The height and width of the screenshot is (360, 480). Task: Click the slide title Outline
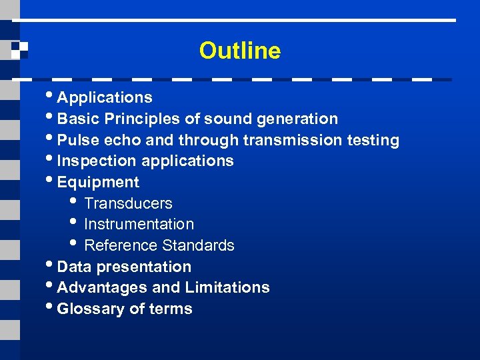click(x=239, y=51)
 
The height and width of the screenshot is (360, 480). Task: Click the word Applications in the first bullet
click(x=105, y=97)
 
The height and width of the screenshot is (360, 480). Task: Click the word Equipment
click(x=98, y=182)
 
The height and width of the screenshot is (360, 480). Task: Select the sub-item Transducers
click(x=128, y=203)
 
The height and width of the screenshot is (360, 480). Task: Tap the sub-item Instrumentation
click(x=139, y=224)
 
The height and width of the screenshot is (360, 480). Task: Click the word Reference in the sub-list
click(x=117, y=245)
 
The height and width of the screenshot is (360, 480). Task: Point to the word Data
click(x=75, y=267)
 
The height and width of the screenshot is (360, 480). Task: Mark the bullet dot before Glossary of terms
click(x=51, y=307)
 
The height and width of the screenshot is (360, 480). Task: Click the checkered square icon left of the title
click(x=19, y=50)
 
